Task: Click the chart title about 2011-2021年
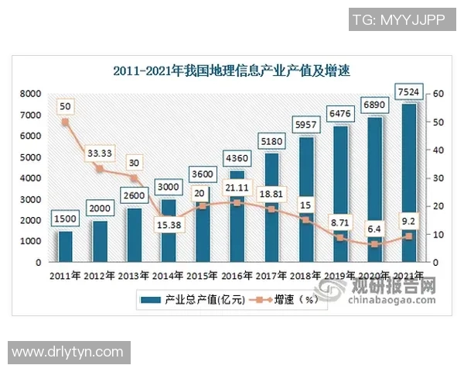(232, 72)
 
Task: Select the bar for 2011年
(65, 246)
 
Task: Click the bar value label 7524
(409, 93)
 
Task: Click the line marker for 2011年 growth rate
(65, 122)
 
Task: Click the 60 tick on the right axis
(438, 94)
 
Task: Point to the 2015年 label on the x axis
(203, 275)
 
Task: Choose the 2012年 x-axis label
(100, 275)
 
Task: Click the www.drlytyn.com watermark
(68, 352)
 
